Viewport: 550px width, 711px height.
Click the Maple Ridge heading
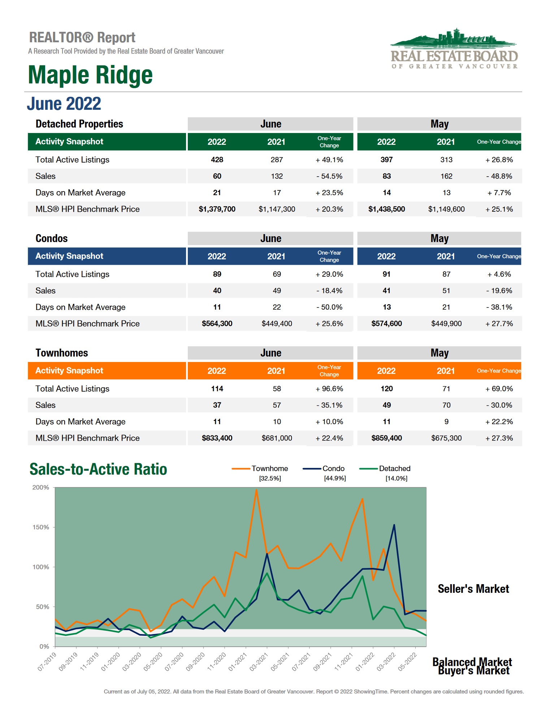point(90,75)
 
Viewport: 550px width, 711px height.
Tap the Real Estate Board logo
point(454,49)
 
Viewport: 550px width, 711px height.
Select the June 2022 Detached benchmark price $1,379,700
point(217,209)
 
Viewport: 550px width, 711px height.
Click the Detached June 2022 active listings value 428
point(217,160)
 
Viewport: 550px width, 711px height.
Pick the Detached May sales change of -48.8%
point(499,176)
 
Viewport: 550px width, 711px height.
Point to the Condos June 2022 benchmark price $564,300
point(217,324)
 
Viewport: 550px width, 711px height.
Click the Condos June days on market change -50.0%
point(329,307)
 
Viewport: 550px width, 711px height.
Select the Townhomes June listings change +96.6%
point(329,389)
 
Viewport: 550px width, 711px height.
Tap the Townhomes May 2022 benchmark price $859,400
point(386,438)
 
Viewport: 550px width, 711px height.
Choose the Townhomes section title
point(62,353)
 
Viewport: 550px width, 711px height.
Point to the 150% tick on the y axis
point(41,527)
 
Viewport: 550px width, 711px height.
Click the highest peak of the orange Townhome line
point(256,490)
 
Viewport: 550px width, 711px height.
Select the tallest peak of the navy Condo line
point(394,525)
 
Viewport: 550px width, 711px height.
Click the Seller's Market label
point(473,589)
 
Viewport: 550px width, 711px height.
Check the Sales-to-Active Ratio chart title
point(98,469)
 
